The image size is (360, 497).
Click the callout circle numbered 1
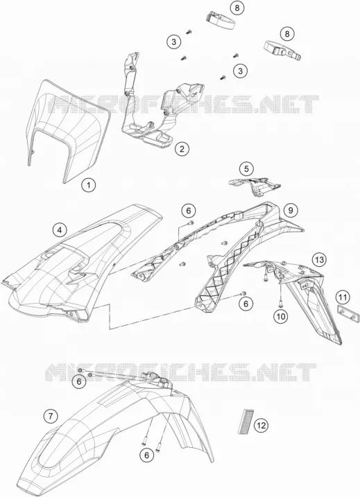tap(89, 185)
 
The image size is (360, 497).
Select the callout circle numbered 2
tap(182, 148)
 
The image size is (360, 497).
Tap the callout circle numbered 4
tap(60, 230)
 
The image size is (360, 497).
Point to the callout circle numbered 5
tap(246, 169)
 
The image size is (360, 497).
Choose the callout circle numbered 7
tap(51, 415)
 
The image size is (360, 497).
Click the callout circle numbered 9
tap(291, 209)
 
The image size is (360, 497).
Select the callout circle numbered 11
tap(343, 297)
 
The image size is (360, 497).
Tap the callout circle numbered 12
tap(261, 426)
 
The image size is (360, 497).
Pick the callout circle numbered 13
tap(319, 260)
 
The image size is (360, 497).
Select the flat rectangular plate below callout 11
tap(348, 313)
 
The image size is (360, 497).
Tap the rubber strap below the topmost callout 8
tap(221, 20)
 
